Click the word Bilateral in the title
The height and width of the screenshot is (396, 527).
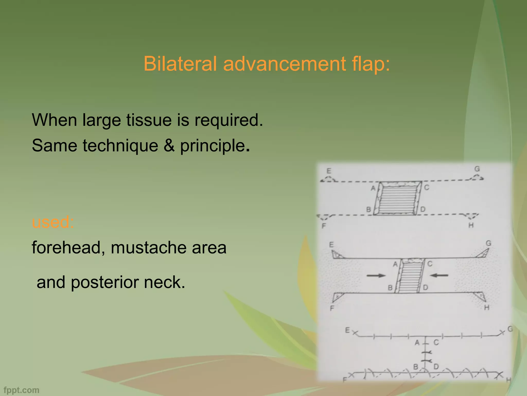tap(180, 64)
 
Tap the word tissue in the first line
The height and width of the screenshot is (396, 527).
tap(149, 120)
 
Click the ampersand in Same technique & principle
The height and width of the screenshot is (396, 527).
tap(169, 146)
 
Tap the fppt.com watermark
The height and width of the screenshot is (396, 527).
tap(22, 390)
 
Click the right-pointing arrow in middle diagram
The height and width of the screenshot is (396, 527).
tap(376, 276)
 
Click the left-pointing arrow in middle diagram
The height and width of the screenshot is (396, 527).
tap(439, 275)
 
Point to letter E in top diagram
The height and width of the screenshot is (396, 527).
tap(329, 171)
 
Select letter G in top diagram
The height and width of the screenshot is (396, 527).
tap(477, 169)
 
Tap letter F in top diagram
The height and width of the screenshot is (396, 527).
tap(324, 226)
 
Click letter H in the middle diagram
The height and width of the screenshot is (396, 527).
tap(487, 307)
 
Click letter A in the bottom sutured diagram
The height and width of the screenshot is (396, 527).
tap(417, 343)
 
